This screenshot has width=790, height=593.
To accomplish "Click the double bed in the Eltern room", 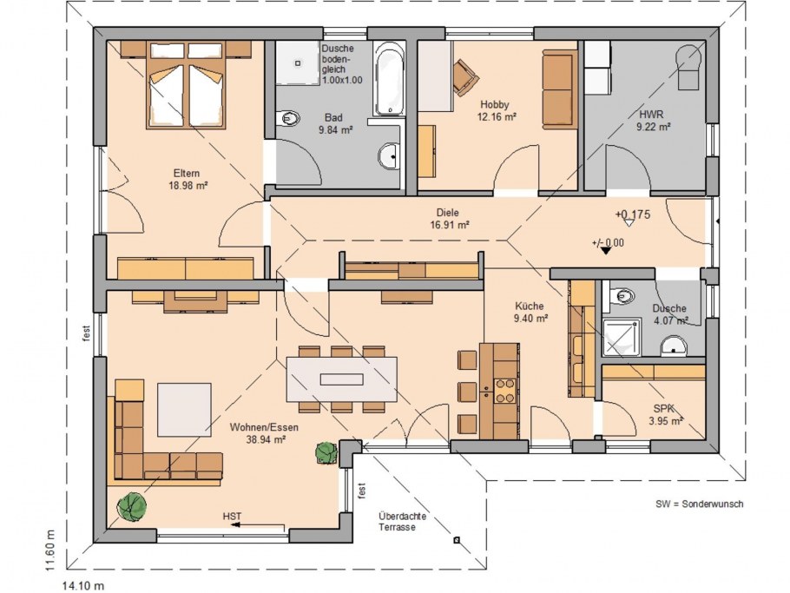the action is click(x=185, y=85).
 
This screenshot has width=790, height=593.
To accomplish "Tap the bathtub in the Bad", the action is click(x=388, y=80).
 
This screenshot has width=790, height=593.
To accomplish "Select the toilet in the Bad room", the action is click(x=289, y=119).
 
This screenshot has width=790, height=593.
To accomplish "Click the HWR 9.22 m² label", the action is click(x=653, y=121).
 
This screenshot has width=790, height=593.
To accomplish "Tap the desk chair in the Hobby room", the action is click(x=465, y=77).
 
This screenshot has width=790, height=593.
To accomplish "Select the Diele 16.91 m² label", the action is click(x=450, y=219).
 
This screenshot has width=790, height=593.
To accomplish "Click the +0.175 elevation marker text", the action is click(x=633, y=214).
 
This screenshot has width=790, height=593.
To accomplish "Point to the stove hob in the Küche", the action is click(x=505, y=391).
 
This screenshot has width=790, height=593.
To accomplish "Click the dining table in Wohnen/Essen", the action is click(x=341, y=379).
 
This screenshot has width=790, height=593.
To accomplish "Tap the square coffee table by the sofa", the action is click(x=184, y=410).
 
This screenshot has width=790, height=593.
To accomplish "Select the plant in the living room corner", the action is click(x=131, y=507).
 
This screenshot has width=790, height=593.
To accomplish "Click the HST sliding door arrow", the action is click(x=259, y=525).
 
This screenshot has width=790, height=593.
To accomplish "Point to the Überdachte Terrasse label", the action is click(x=402, y=522).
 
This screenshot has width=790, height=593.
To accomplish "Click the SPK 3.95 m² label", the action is click(x=666, y=415).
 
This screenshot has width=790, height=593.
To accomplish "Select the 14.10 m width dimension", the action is click(x=83, y=586).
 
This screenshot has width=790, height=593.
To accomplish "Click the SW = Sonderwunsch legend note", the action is click(x=700, y=504).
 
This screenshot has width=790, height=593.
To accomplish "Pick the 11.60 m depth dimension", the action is click(x=49, y=550).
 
